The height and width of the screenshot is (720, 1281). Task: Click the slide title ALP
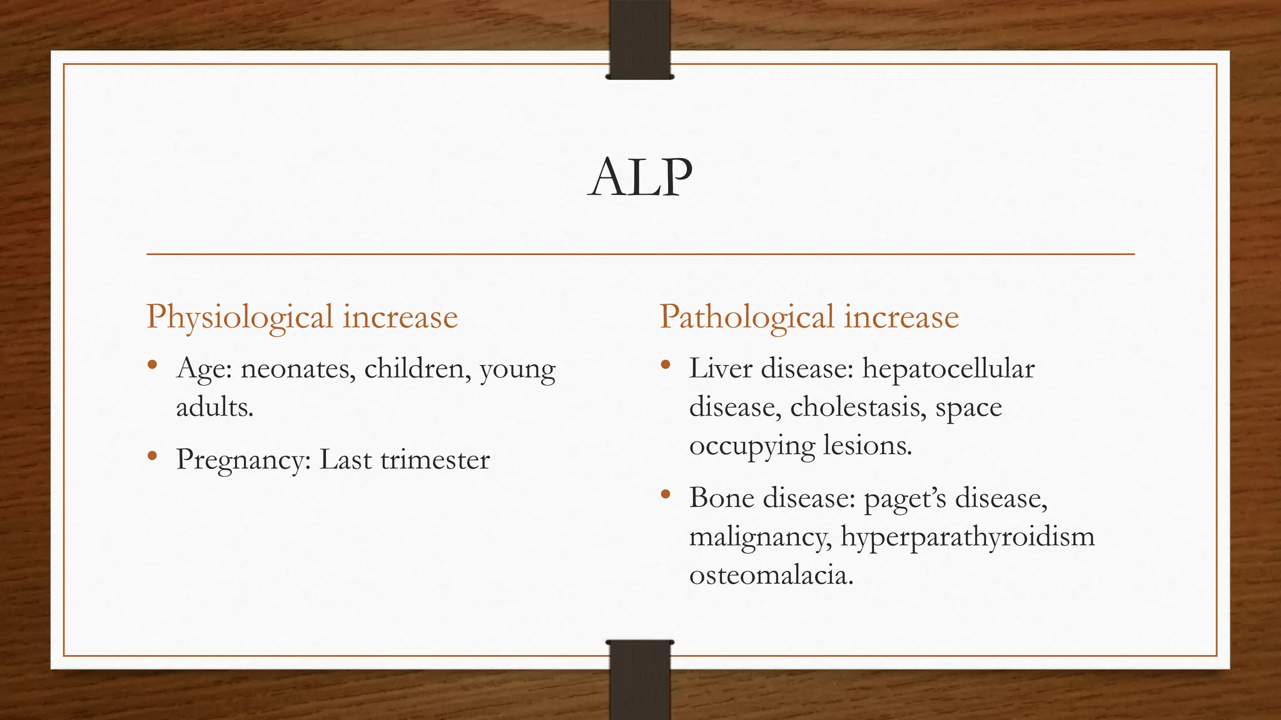[x=640, y=177]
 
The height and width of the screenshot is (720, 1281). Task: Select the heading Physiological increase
[x=302, y=316]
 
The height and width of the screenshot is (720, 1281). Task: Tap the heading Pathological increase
[x=809, y=316]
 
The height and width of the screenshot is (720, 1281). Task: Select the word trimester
[x=435, y=460]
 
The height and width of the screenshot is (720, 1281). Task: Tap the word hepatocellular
[x=948, y=369]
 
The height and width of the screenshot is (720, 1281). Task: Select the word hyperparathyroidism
[x=968, y=537]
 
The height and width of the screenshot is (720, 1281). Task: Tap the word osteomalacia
[x=771, y=575]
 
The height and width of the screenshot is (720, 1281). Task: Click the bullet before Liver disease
[x=666, y=364]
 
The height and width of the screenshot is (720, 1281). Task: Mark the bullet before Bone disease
[x=666, y=494]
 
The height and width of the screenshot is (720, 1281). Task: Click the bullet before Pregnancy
[x=152, y=456]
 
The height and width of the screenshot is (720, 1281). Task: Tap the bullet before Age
[x=152, y=364]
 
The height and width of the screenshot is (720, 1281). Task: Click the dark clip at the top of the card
[x=640, y=40]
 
